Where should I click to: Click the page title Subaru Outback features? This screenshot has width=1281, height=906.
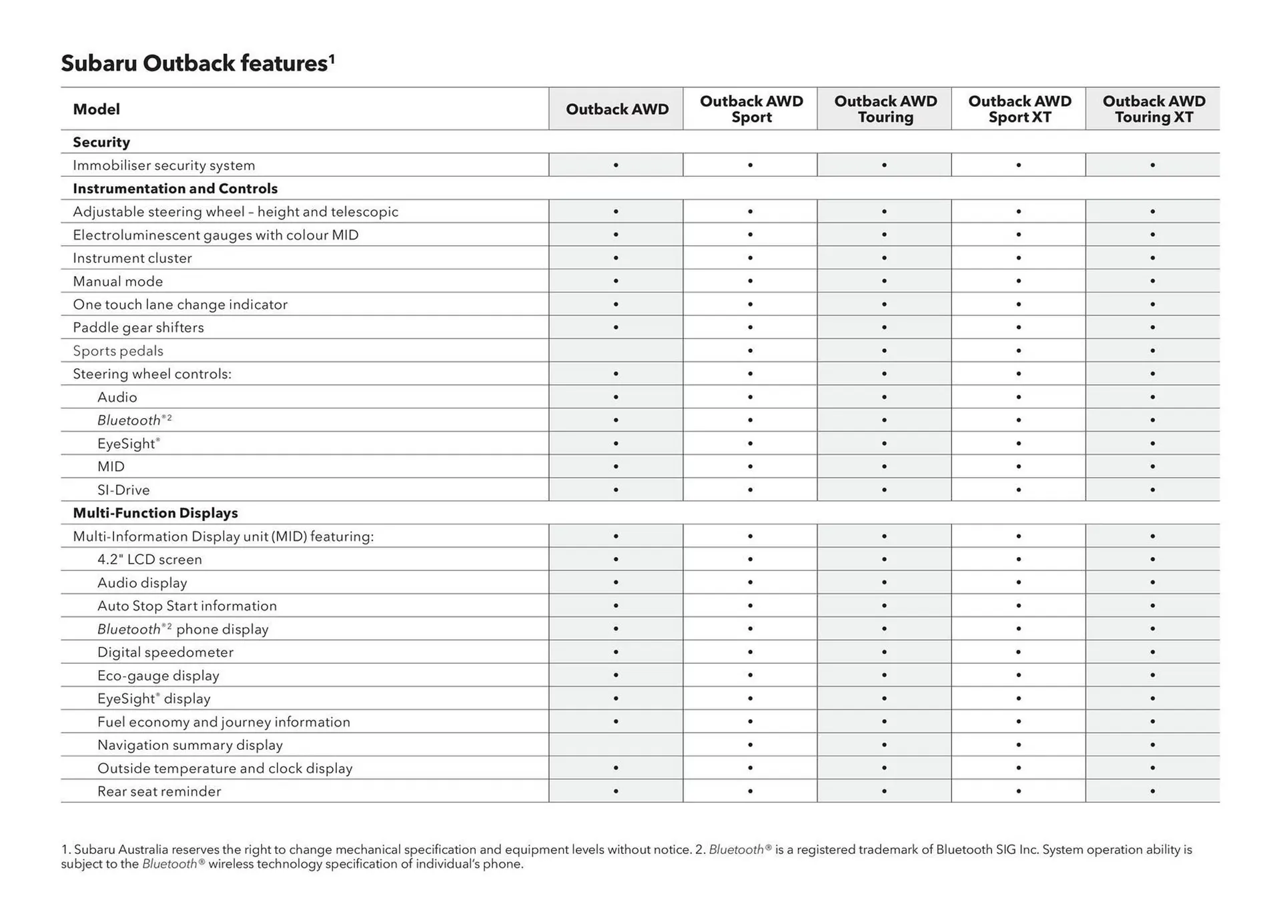[x=197, y=63]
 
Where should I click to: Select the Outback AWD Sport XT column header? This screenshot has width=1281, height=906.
[x=1019, y=109]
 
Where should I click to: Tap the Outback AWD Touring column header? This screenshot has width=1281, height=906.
[x=885, y=109]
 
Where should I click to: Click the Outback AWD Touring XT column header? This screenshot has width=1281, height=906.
[x=1154, y=109]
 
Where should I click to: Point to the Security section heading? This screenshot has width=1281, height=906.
[x=101, y=142]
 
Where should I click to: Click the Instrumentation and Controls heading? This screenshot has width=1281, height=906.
[x=175, y=188]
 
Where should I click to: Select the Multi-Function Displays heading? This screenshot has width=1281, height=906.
[x=155, y=513]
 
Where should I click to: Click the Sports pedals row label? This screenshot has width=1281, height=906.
[x=118, y=351]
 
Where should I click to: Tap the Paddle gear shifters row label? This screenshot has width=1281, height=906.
[x=138, y=328]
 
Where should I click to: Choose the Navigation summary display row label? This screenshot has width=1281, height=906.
[x=190, y=745]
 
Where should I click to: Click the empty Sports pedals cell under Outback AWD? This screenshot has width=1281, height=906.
[x=616, y=351]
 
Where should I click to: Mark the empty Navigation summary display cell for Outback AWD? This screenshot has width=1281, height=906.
[x=616, y=745]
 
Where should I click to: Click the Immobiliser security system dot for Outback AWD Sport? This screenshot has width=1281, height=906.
[x=750, y=165]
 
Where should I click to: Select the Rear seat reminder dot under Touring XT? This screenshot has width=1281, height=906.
[x=1152, y=791]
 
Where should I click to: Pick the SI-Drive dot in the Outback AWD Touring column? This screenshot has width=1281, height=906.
[x=884, y=490]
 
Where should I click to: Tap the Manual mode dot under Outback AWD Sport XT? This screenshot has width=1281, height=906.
[x=1018, y=281]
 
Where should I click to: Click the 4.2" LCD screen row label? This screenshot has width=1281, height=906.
[x=149, y=560]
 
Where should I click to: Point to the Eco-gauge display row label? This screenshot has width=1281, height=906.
[x=158, y=676]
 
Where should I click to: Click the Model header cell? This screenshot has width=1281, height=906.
[x=97, y=109]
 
